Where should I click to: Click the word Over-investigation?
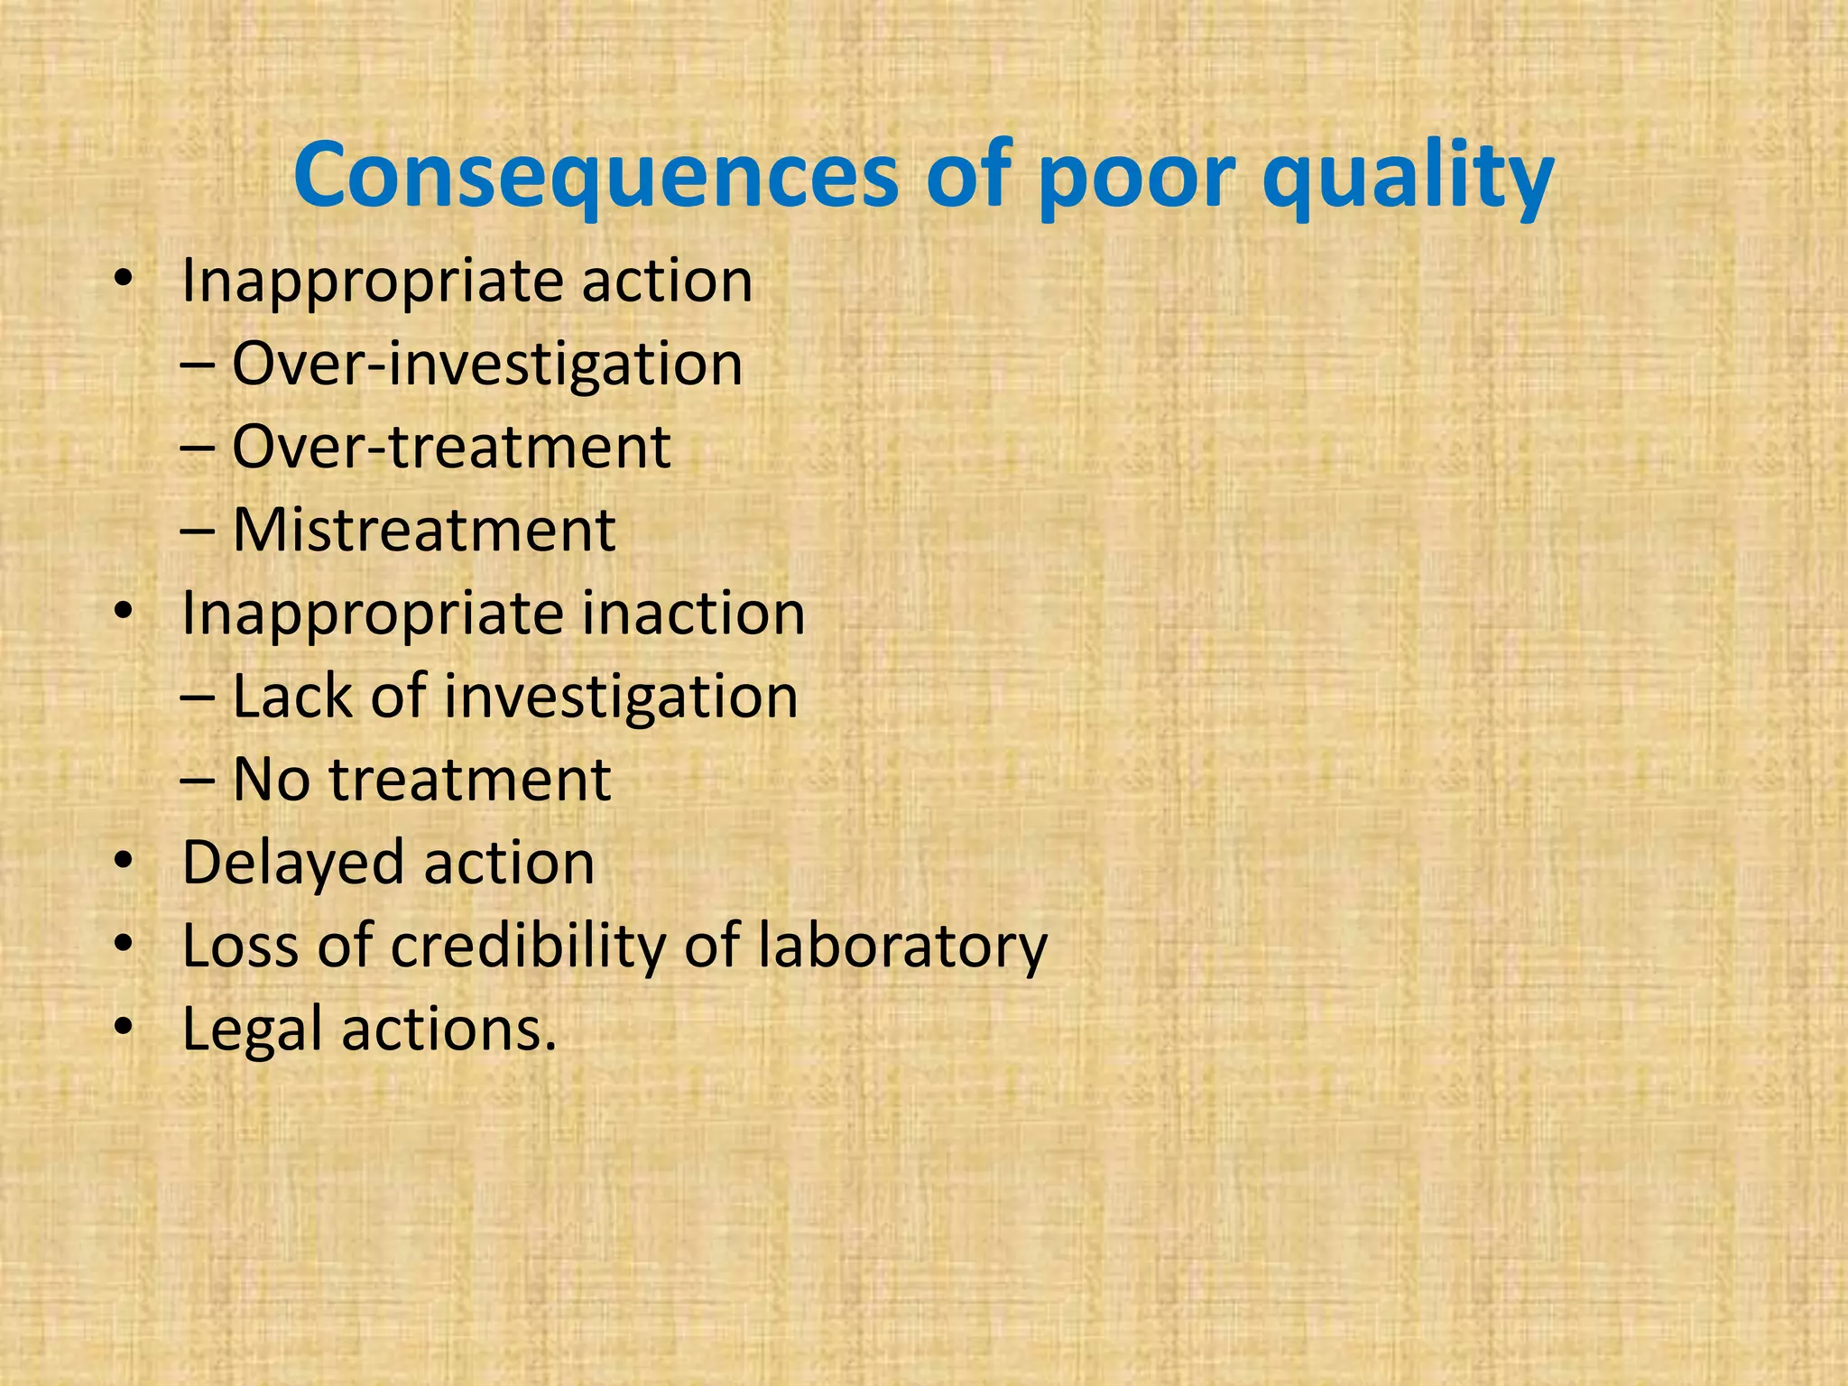coord(487,365)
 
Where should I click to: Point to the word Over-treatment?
coord(451,447)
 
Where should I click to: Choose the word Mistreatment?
coord(424,530)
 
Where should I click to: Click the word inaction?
coord(692,614)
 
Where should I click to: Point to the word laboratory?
coord(901,947)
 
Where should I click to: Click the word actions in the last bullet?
coord(448,1030)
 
